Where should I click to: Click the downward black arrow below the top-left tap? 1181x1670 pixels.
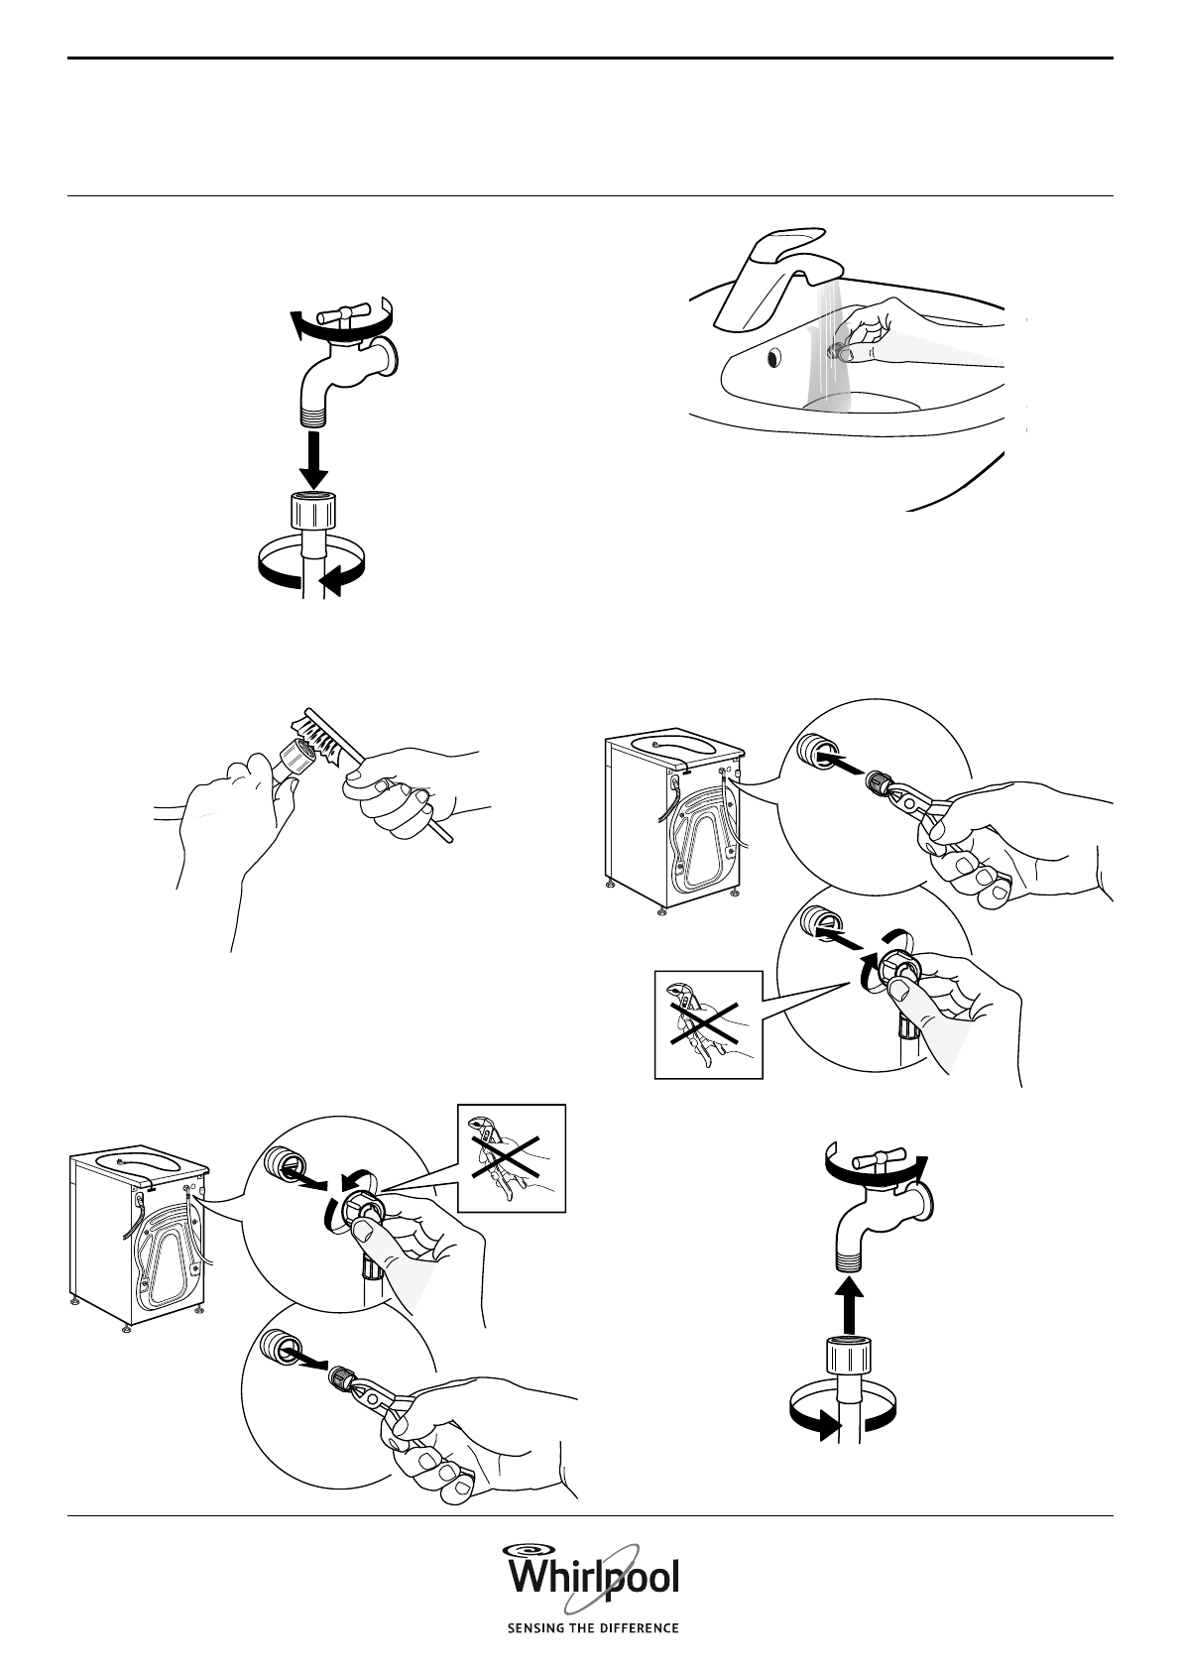(x=314, y=461)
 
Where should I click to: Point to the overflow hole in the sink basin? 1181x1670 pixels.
(x=773, y=358)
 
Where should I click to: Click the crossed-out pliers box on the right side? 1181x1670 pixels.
(x=708, y=1024)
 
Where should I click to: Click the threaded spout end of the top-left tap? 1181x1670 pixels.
(x=313, y=415)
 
